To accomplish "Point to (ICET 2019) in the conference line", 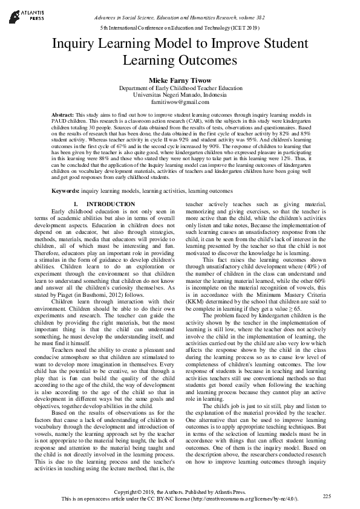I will coord(241,28).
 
